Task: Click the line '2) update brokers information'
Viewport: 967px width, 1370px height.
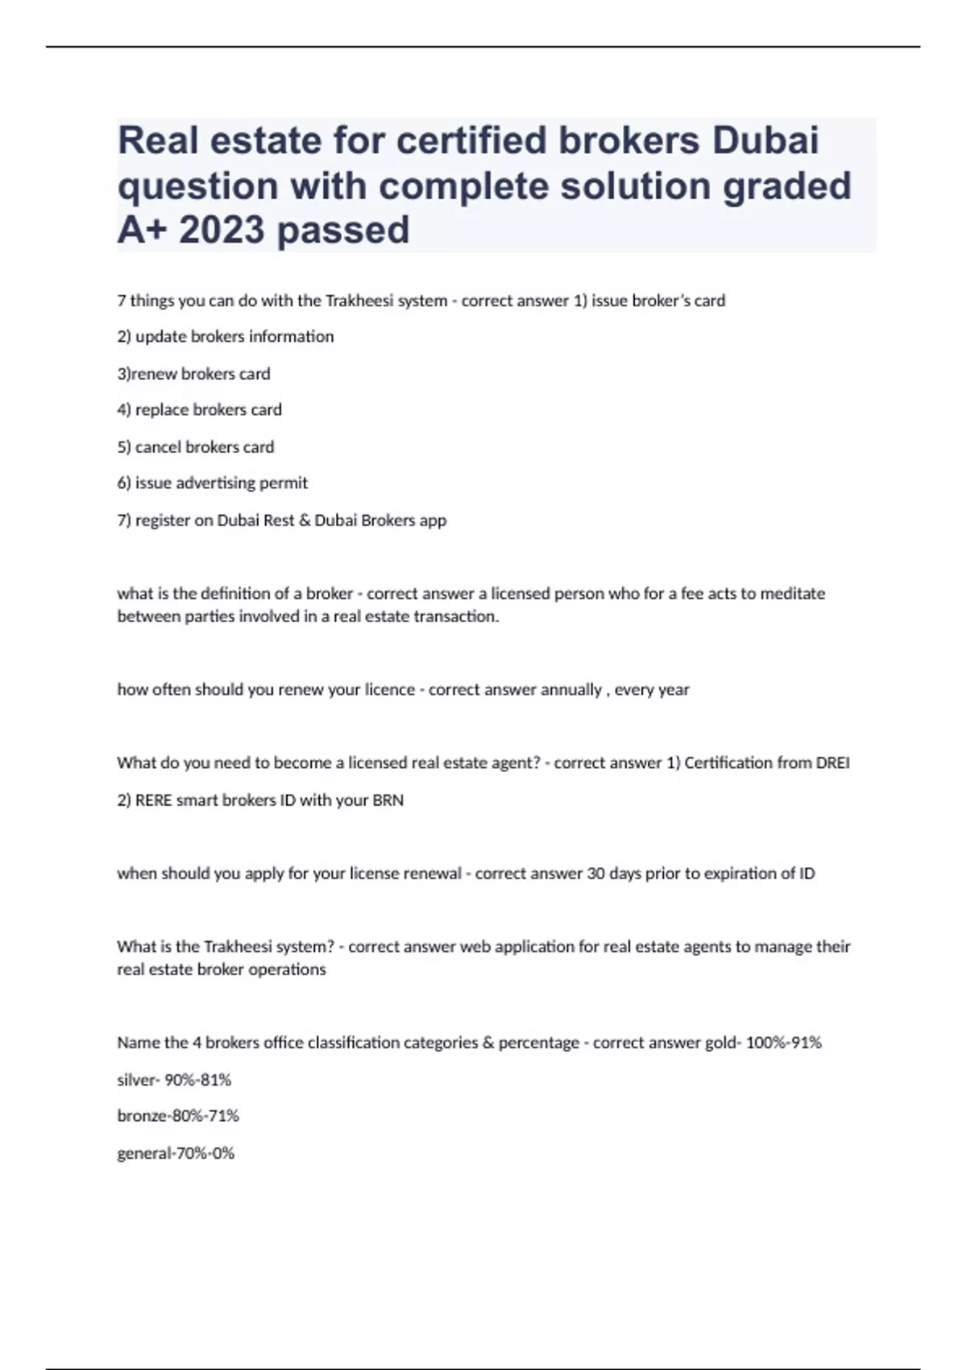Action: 225,337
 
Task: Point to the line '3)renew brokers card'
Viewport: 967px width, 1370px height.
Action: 193,374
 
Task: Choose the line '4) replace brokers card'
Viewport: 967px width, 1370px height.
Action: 199,410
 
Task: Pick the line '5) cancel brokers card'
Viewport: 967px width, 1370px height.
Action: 195,447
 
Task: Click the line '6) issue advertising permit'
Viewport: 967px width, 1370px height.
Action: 212,484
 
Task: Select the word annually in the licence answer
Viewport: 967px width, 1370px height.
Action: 571,690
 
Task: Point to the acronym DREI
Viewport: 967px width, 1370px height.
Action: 832,763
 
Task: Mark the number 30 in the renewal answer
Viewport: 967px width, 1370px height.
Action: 596,874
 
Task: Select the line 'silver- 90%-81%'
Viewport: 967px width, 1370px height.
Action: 174,1080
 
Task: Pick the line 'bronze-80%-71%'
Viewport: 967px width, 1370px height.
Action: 178,1116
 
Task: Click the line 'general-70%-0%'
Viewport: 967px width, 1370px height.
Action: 176,1153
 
